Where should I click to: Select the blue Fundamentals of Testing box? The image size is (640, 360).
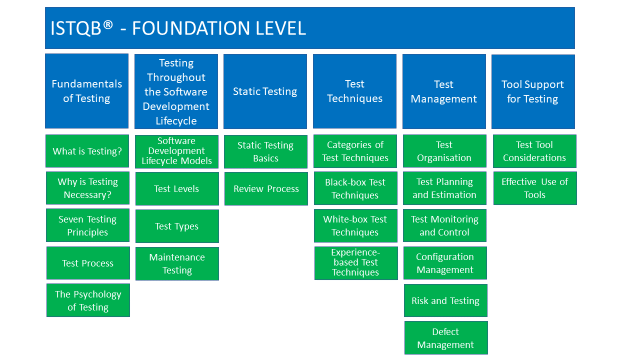(x=86, y=91)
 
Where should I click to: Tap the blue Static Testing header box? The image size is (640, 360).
(x=265, y=91)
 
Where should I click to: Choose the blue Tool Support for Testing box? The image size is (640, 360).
(x=533, y=91)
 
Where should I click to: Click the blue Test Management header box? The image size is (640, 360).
(x=444, y=91)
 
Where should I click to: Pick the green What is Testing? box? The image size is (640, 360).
(x=87, y=151)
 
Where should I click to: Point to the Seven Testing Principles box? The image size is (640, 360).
(x=87, y=225)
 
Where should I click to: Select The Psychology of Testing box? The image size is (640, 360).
(x=88, y=300)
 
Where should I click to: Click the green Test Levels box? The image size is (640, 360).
(x=176, y=188)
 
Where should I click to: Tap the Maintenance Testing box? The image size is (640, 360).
(x=177, y=263)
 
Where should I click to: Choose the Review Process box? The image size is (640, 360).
(x=266, y=188)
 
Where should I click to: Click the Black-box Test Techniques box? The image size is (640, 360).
(x=355, y=188)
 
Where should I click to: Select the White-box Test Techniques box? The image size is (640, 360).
(x=355, y=225)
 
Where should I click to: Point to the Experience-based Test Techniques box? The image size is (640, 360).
(x=356, y=263)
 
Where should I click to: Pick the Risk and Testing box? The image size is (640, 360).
(x=445, y=300)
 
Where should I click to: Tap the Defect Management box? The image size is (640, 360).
(x=445, y=338)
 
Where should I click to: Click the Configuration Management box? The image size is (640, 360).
(x=445, y=263)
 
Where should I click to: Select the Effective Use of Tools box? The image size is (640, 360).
(x=535, y=188)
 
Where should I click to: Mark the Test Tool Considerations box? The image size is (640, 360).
(x=534, y=151)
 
